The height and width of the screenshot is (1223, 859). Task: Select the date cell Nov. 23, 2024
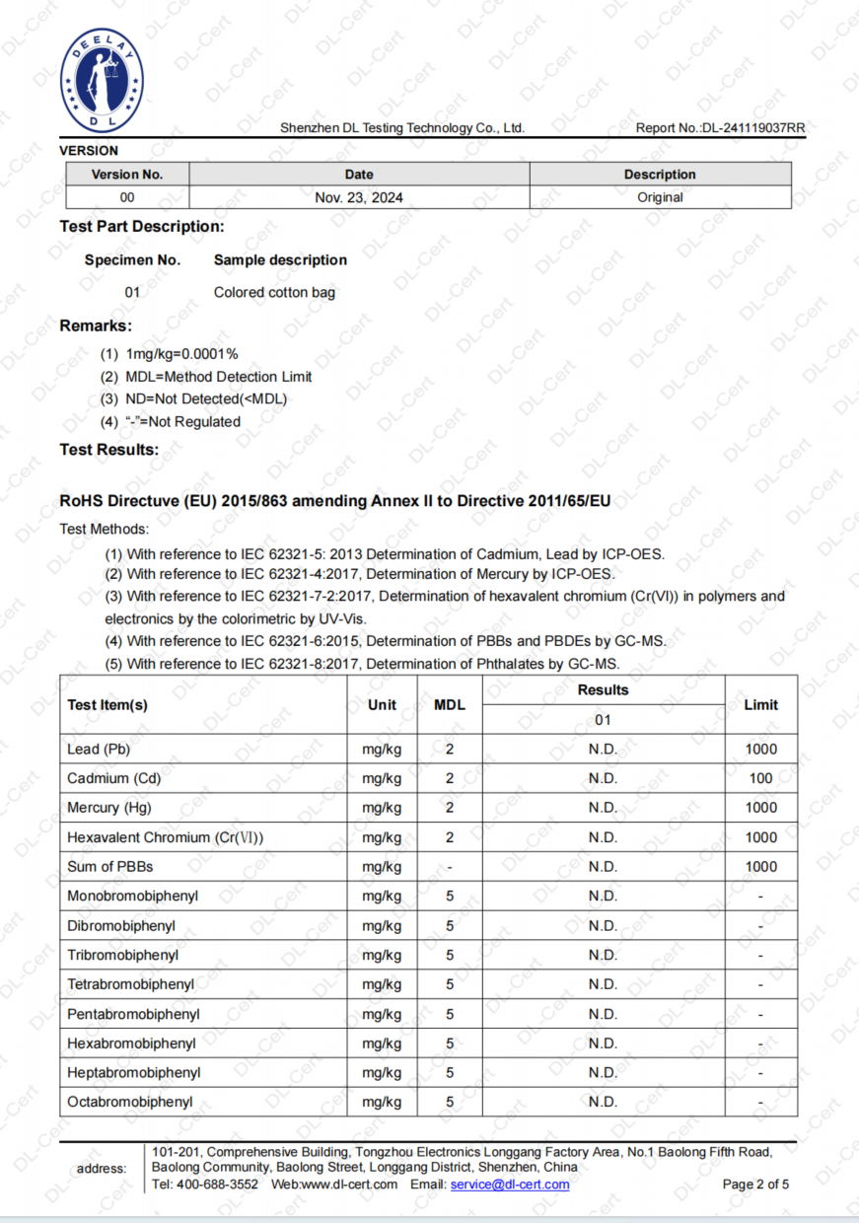pyautogui.click(x=359, y=197)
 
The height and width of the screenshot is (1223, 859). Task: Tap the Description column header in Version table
pyautogui.click(x=660, y=175)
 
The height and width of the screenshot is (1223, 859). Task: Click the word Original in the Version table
pyautogui.click(x=660, y=197)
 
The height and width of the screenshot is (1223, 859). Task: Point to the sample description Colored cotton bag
pyautogui.click(x=274, y=293)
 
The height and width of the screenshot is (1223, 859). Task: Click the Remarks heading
pyautogui.click(x=96, y=325)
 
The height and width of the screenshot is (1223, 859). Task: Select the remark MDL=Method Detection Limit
pyautogui.click(x=219, y=377)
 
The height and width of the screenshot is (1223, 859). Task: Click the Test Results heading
pyautogui.click(x=108, y=450)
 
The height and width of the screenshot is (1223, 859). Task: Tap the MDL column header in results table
pyautogui.click(x=450, y=705)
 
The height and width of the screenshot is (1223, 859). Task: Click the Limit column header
pyautogui.click(x=760, y=705)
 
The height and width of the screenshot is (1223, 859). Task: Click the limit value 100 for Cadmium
pyautogui.click(x=760, y=779)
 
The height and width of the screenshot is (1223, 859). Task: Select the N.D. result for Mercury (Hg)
pyautogui.click(x=603, y=808)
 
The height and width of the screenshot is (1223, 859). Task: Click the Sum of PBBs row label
pyautogui.click(x=110, y=867)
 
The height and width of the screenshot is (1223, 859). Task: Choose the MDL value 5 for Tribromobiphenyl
pyautogui.click(x=450, y=956)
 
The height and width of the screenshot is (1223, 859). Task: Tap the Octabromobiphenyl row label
pyautogui.click(x=130, y=1103)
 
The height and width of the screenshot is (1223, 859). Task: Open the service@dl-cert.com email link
pyautogui.click(x=510, y=1185)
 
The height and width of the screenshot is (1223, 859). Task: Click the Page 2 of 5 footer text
pyautogui.click(x=755, y=1185)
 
